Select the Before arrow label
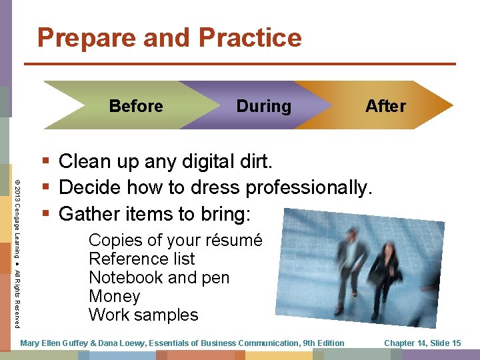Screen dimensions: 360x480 136,106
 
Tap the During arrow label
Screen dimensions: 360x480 263,106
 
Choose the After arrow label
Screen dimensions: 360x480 385,106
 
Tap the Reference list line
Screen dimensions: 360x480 141,259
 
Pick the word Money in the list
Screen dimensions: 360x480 114,296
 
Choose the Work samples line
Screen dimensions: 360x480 143,315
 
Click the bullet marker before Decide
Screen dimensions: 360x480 45,188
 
